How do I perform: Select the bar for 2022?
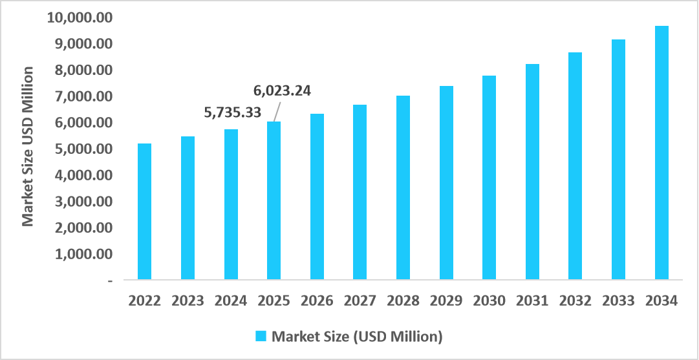click(145, 212)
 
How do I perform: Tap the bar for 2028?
click(403, 188)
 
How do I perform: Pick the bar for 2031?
click(532, 172)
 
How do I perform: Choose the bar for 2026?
click(317, 197)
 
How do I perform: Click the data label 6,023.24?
click(281, 90)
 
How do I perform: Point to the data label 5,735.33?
click(233, 112)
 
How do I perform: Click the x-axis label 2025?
click(274, 301)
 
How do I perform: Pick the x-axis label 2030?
click(489, 301)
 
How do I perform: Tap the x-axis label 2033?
click(618, 301)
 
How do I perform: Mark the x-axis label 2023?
click(188, 301)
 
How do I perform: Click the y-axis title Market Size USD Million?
click(28, 147)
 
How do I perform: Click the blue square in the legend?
click(261, 336)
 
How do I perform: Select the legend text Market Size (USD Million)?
click(357, 336)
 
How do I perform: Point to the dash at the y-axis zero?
click(111, 281)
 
